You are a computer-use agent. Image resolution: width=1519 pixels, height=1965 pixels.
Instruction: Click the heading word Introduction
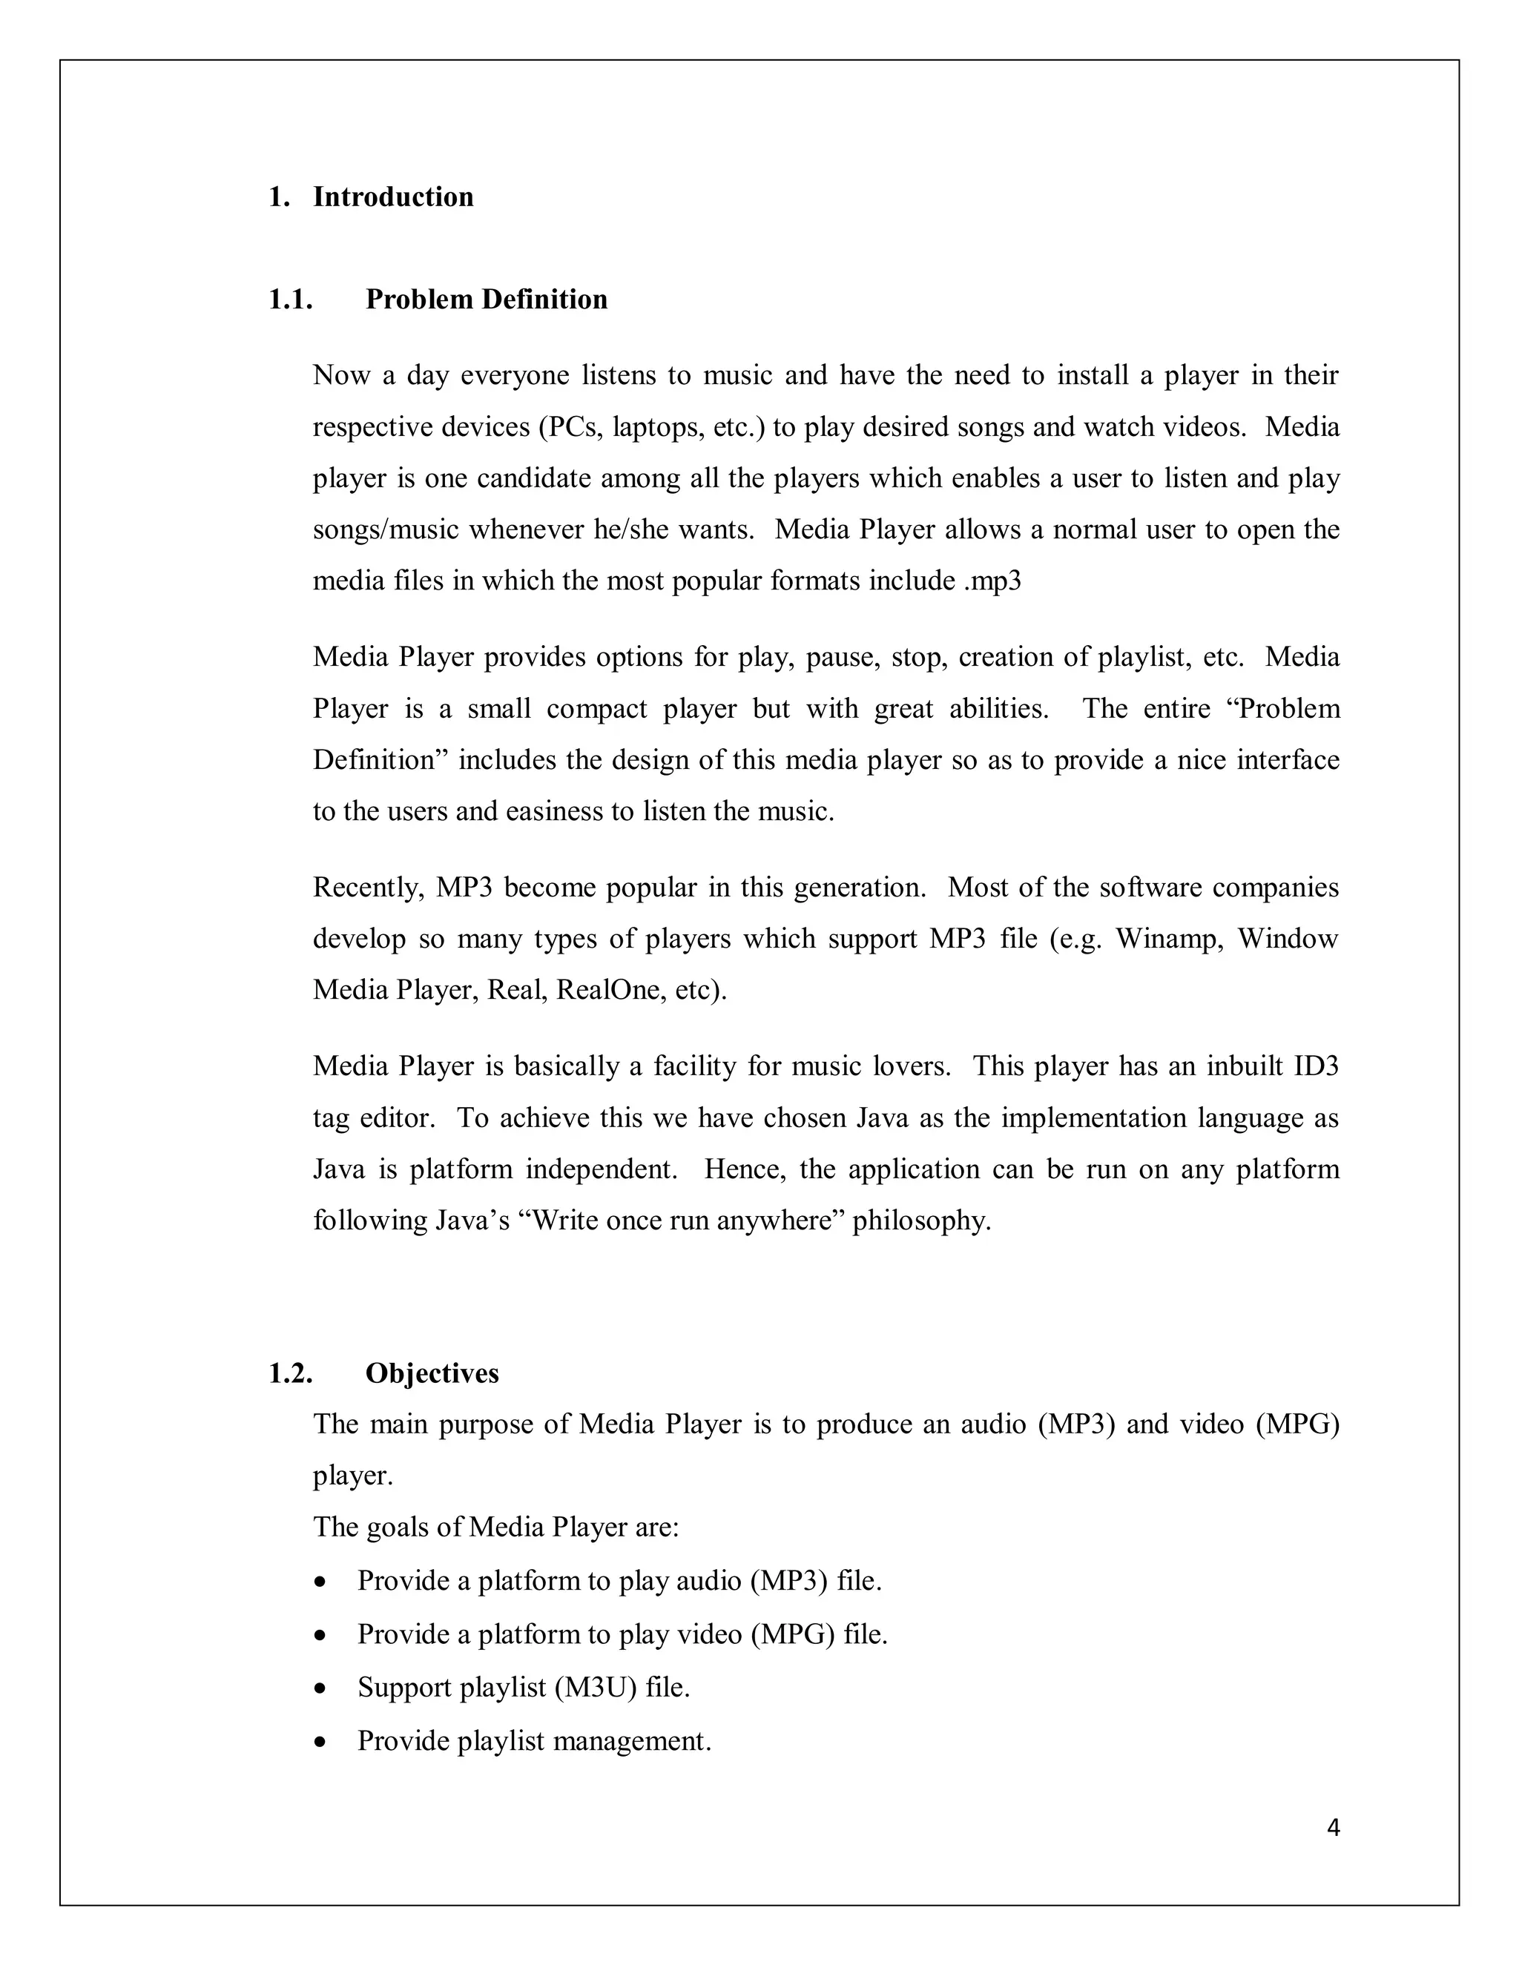(392, 197)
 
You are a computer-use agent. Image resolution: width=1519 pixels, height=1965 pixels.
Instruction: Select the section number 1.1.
(290, 300)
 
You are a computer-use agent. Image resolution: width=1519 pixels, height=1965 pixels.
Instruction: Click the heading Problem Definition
(486, 300)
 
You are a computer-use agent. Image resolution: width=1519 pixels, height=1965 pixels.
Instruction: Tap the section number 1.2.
(290, 1373)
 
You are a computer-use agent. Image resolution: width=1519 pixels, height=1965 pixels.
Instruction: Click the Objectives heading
(431, 1373)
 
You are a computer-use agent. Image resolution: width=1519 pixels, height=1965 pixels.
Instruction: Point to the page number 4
(1333, 1827)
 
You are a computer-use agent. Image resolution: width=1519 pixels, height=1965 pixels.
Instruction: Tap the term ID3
(1316, 1066)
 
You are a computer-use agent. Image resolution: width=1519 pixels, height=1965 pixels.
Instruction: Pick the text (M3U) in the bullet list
(596, 1687)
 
